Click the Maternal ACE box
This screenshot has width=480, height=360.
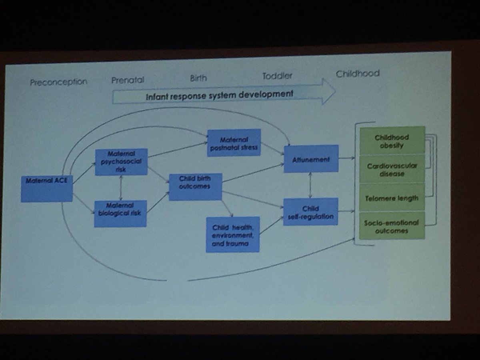point(47,189)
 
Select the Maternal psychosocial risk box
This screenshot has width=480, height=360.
point(121,162)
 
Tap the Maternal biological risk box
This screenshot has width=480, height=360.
point(120,214)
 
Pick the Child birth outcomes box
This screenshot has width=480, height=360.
point(196,187)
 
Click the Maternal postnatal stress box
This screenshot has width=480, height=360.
point(234,143)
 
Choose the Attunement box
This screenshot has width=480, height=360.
point(311,159)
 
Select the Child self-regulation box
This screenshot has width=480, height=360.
point(311,212)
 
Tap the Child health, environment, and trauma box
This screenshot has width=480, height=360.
point(233,234)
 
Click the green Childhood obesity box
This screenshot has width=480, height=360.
point(392,141)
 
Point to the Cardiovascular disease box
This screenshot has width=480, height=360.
point(392,169)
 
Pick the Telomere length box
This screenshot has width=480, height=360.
point(392,198)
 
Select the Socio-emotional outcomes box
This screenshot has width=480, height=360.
point(392,226)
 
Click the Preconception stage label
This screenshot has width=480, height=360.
point(59,82)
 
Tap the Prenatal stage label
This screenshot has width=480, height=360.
point(128,80)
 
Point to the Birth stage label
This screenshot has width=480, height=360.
point(198,78)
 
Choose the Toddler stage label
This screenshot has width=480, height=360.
point(277,76)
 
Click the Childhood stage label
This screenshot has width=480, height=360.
point(358,74)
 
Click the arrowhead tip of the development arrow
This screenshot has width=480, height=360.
point(336,91)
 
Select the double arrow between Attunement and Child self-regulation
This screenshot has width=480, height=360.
point(310,185)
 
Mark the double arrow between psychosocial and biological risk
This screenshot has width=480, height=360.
point(121,188)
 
